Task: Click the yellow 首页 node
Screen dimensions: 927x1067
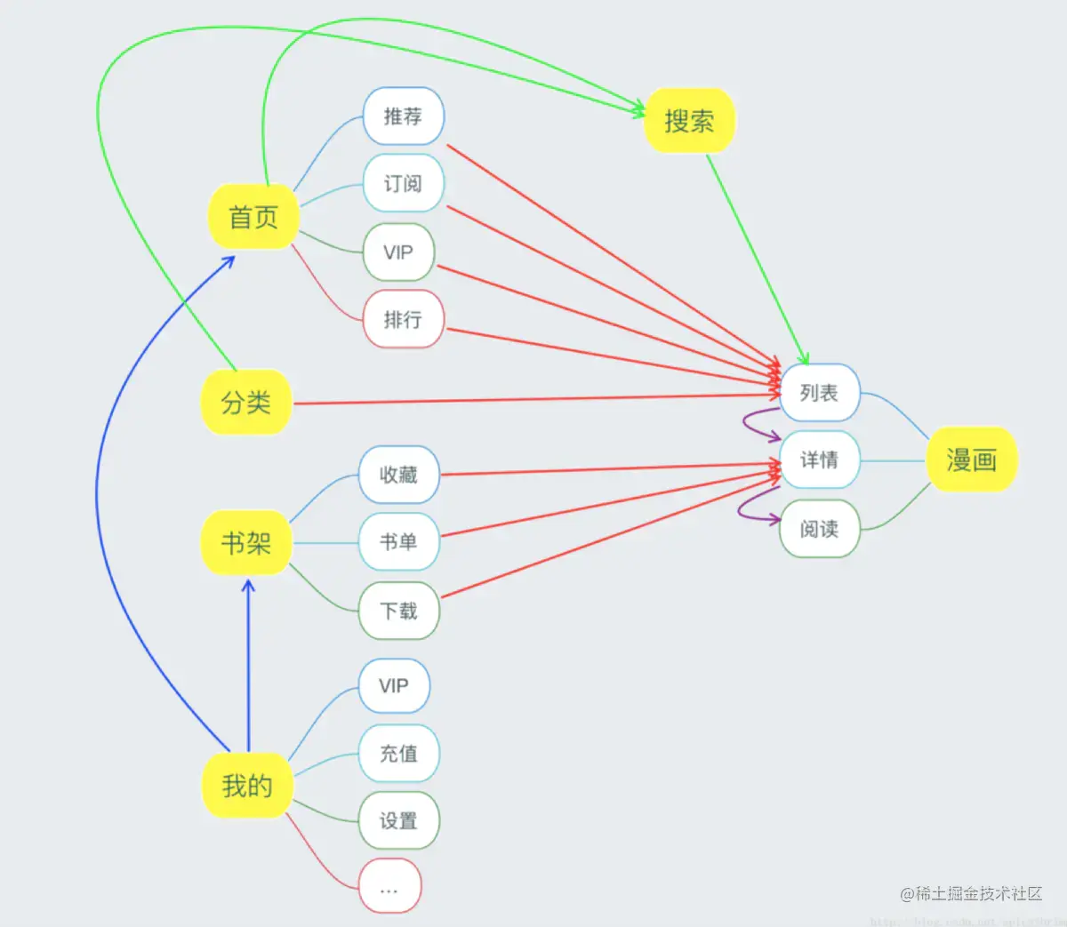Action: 253,216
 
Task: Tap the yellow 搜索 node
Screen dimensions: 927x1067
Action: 689,121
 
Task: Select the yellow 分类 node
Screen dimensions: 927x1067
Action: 246,403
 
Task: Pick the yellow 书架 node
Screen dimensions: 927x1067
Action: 245,542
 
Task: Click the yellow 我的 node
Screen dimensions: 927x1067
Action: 246,786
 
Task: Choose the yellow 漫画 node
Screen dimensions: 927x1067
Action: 971,460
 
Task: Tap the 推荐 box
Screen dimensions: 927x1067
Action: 403,116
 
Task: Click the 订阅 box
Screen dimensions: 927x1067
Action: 403,184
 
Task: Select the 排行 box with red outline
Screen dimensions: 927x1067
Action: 403,319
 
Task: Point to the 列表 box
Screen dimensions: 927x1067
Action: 819,393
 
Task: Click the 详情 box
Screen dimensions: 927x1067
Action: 819,460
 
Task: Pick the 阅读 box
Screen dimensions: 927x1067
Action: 819,529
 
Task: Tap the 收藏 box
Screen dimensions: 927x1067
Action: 398,475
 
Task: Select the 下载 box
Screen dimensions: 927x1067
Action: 398,611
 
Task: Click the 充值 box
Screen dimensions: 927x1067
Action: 398,754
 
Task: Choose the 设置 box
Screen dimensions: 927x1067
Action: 398,820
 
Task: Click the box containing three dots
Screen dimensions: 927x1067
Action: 389,887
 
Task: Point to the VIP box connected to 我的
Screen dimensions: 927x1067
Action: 394,686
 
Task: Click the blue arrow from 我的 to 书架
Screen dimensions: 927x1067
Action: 248,667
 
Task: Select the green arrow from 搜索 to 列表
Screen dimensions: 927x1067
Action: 756,258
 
